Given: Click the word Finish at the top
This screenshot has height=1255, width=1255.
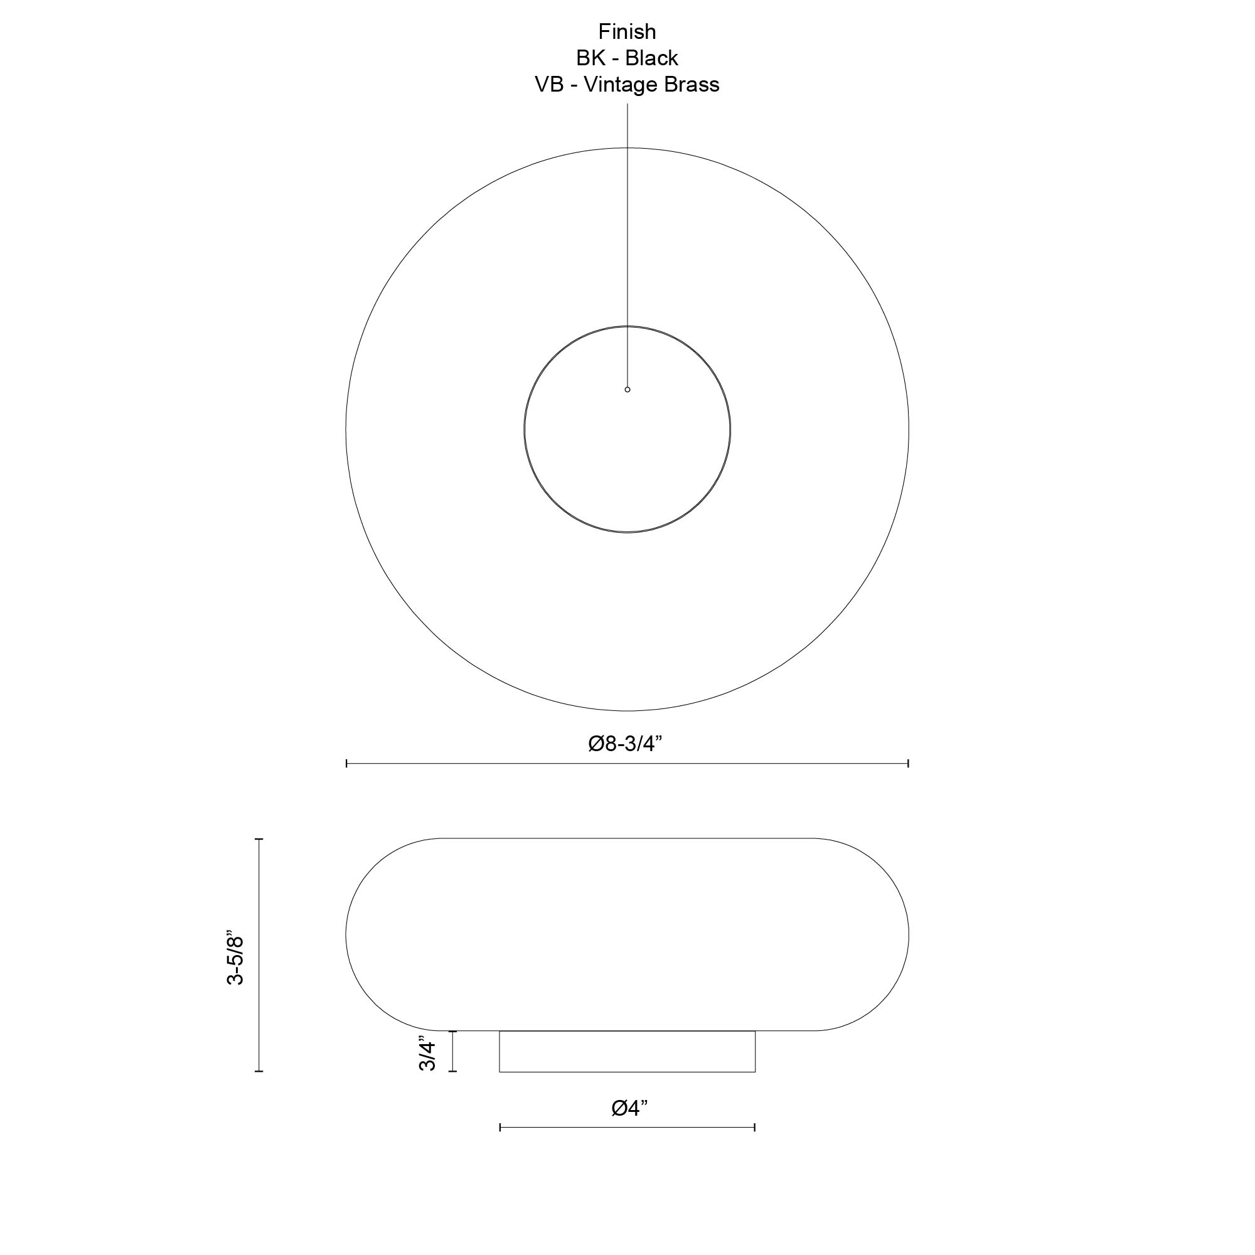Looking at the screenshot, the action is (627, 32).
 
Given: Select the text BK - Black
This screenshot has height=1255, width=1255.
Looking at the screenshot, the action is (627, 58).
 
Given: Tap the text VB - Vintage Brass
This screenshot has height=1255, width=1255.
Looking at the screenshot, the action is (627, 85).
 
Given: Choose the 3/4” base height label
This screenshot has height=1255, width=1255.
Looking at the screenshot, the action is (427, 1054).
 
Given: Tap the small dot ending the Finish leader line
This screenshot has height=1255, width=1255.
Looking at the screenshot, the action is (627, 390).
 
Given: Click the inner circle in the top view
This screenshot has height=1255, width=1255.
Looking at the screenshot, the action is (524, 429).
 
